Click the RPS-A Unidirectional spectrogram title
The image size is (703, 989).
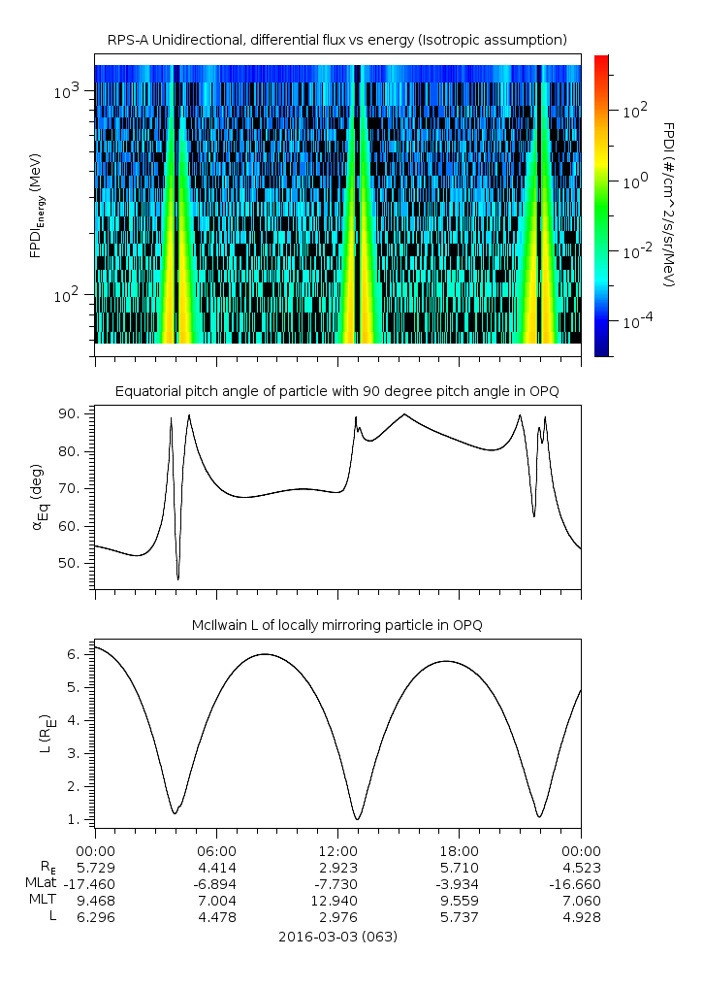[337, 39]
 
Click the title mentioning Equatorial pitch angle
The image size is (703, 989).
[337, 391]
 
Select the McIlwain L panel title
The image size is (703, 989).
[337, 624]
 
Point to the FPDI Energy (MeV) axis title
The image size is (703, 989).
[38, 205]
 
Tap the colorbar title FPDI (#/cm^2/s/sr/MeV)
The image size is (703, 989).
[669, 205]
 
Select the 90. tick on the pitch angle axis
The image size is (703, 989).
[72, 414]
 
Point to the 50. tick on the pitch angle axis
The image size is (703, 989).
[72, 563]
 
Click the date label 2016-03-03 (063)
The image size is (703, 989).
[337, 937]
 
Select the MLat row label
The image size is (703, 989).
[43, 883]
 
